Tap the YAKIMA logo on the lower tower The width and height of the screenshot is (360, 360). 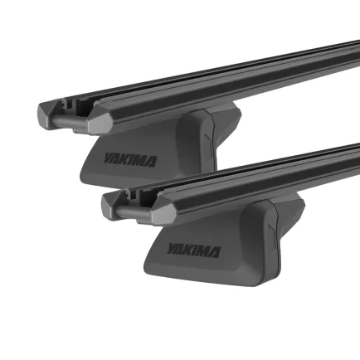tap(193, 250)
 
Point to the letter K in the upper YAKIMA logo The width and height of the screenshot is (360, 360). tap(125, 159)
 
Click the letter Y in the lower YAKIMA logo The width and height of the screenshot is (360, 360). tap(172, 247)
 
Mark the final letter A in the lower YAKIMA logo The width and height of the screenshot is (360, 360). tap(215, 252)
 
